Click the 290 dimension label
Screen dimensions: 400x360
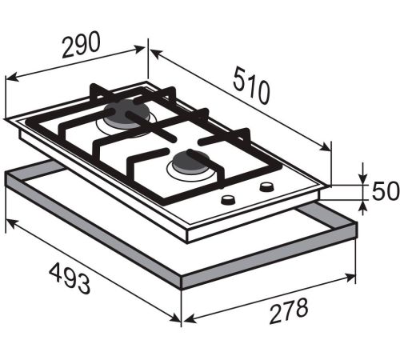click(x=81, y=45)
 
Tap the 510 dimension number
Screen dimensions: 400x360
click(x=251, y=86)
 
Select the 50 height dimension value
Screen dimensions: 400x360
click(x=386, y=191)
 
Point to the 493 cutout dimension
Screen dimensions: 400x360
click(x=70, y=278)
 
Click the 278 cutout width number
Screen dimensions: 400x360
click(x=289, y=311)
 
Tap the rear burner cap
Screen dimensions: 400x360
click(x=126, y=114)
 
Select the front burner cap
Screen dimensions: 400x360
click(x=191, y=162)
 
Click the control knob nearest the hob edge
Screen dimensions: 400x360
click(x=228, y=200)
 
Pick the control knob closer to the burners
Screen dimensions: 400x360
click(x=266, y=186)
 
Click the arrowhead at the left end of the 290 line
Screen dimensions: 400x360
click(x=12, y=78)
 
